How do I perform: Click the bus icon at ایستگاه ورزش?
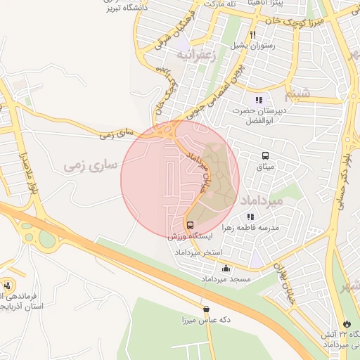[x=190, y=226]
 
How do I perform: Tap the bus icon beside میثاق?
[x=265, y=156]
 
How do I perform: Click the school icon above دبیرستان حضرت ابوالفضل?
[x=259, y=100]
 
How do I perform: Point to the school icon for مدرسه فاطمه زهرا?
[x=250, y=217]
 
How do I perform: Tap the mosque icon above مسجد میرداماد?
[x=226, y=268]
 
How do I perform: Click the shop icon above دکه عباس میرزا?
[x=205, y=309]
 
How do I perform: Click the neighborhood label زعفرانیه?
[x=194, y=53]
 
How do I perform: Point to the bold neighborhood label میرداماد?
[x=261, y=200]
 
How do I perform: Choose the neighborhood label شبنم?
[x=297, y=93]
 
